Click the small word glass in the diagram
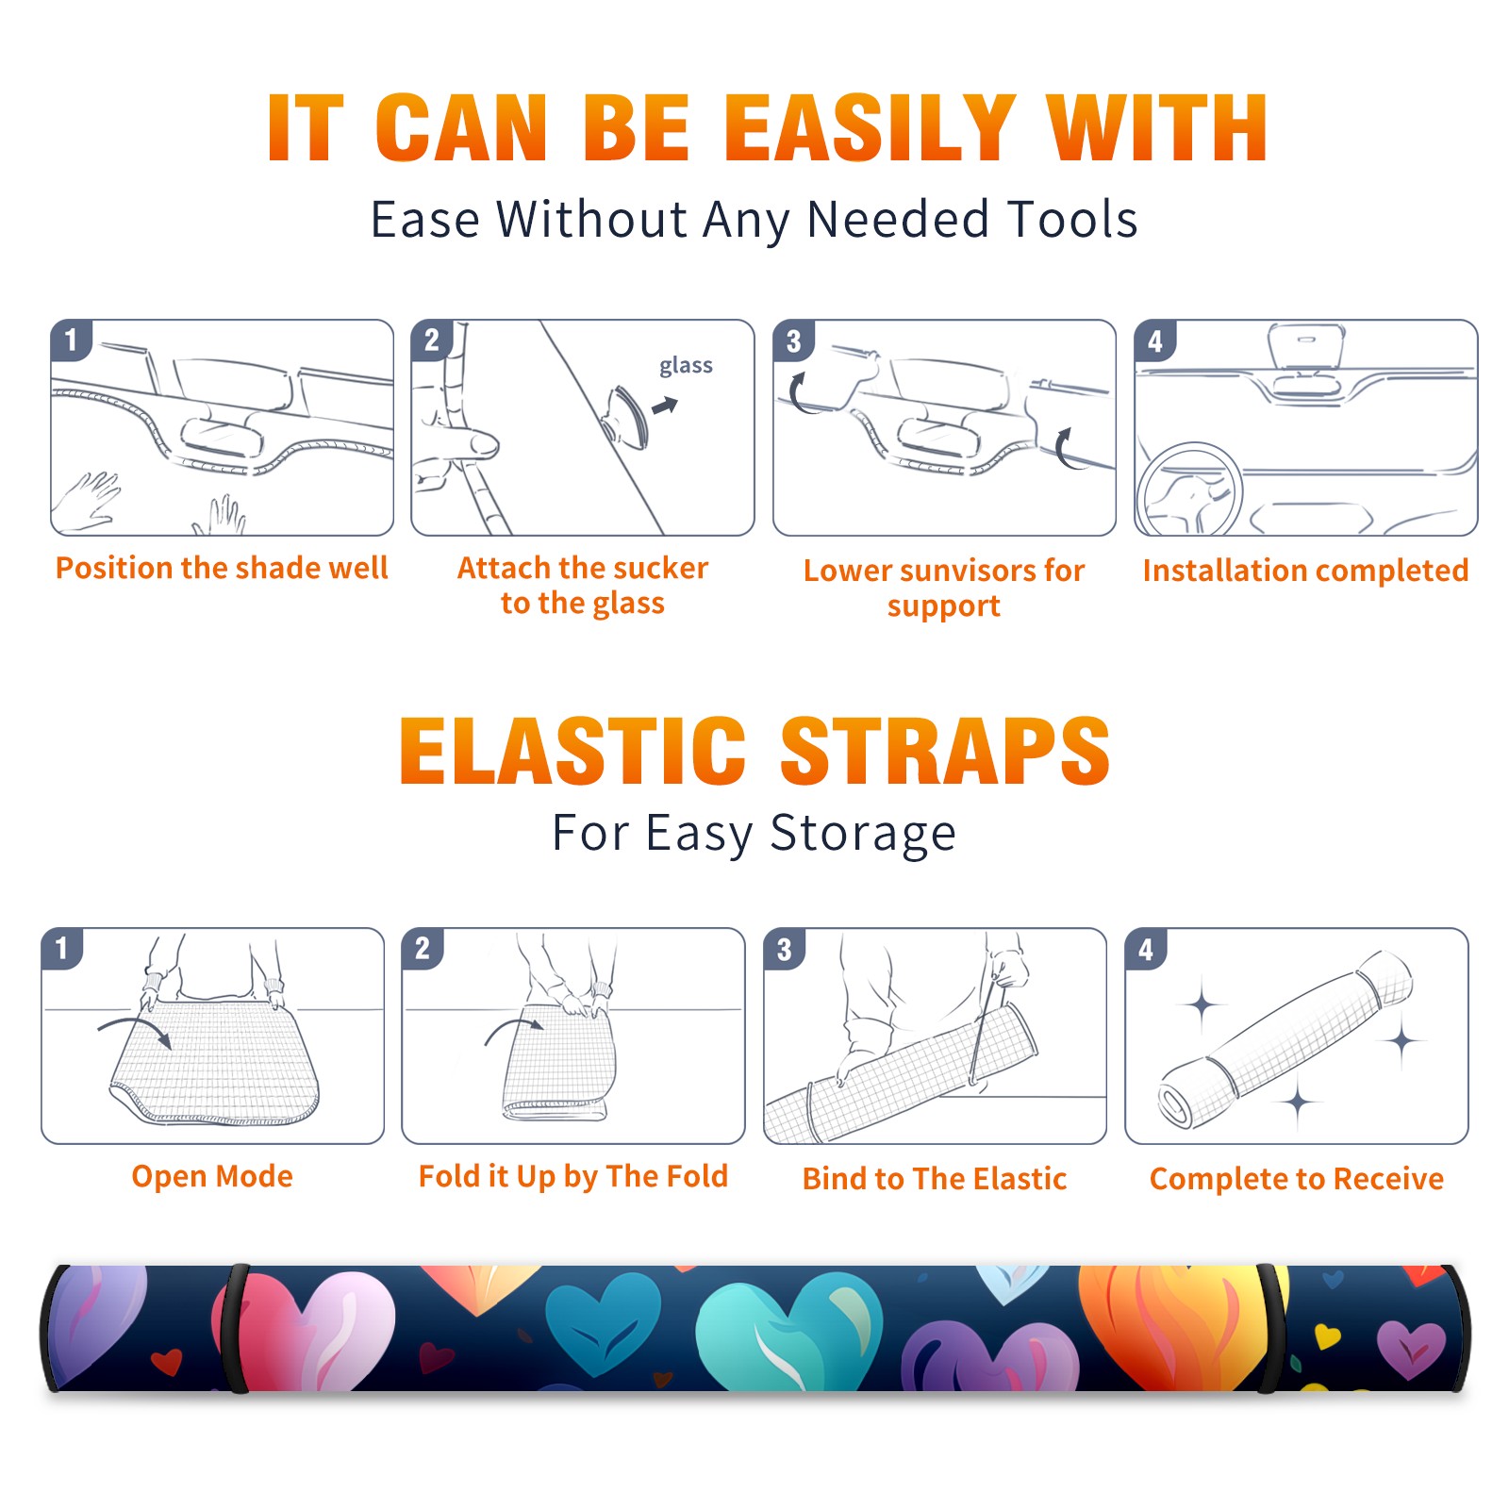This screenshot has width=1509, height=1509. click(x=686, y=366)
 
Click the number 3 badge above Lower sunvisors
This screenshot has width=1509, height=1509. click(x=793, y=340)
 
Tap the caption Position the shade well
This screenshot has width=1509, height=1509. click(x=222, y=568)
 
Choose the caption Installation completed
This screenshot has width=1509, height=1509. click(x=1305, y=571)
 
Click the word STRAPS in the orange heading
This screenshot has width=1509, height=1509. click(x=945, y=751)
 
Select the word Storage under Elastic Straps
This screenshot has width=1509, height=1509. click(x=863, y=834)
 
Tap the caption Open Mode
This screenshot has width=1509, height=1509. click(x=212, y=1176)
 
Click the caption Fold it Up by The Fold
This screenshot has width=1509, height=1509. click(x=573, y=1176)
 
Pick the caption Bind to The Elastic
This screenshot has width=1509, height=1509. click(x=935, y=1179)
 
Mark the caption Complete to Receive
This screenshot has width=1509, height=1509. click(x=1297, y=1179)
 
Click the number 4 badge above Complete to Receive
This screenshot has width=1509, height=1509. click(x=1146, y=949)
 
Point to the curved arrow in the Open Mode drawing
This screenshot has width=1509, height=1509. click(x=134, y=1025)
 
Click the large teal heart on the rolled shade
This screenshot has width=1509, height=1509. click(x=788, y=1330)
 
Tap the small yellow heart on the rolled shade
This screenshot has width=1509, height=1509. click(x=1327, y=1336)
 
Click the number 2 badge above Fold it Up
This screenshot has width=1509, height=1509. click(x=423, y=949)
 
